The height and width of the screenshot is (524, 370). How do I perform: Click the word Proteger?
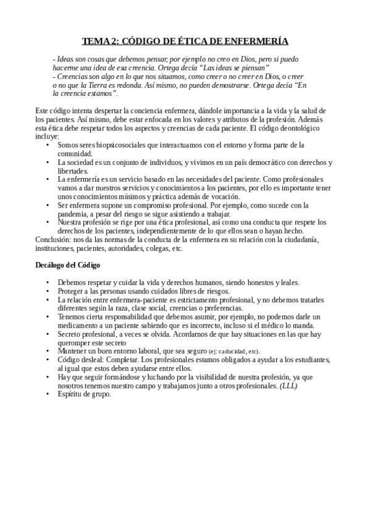tap(72, 291)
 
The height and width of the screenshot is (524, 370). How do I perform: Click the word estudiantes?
tap(313, 359)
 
